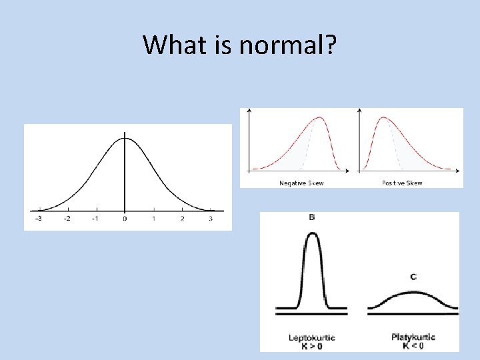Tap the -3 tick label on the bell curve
(x=39, y=219)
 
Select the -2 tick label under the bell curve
(x=67, y=219)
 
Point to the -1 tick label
(x=95, y=219)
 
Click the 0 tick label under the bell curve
(x=125, y=219)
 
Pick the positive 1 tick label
(x=153, y=219)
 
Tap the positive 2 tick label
(x=182, y=219)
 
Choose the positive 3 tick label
(x=211, y=219)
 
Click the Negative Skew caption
(x=301, y=183)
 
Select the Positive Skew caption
(x=402, y=183)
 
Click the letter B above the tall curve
(x=312, y=217)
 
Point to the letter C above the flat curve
(x=413, y=277)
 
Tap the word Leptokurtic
(x=312, y=338)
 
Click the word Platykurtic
(x=413, y=337)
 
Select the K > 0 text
(x=312, y=346)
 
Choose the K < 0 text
(x=413, y=346)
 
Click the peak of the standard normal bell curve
(x=125, y=138)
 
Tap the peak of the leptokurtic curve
(x=312, y=233)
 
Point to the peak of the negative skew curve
(x=321, y=118)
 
